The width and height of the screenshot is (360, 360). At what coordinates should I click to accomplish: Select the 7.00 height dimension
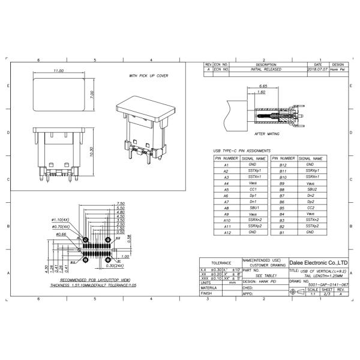(92, 94)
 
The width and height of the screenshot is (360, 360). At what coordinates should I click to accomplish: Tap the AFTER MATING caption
(268, 134)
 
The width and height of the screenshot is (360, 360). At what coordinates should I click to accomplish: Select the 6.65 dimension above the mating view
(262, 86)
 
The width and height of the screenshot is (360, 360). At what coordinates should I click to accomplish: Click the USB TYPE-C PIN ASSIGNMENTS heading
(242, 151)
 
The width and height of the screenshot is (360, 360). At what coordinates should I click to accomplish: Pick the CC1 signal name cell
(253, 189)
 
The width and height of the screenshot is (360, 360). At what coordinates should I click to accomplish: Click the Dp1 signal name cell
(253, 196)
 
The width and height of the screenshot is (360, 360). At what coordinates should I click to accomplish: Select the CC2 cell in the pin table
(310, 208)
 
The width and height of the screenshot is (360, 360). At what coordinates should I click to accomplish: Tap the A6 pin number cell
(226, 196)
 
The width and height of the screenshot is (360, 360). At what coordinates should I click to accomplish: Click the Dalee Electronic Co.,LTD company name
(319, 263)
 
